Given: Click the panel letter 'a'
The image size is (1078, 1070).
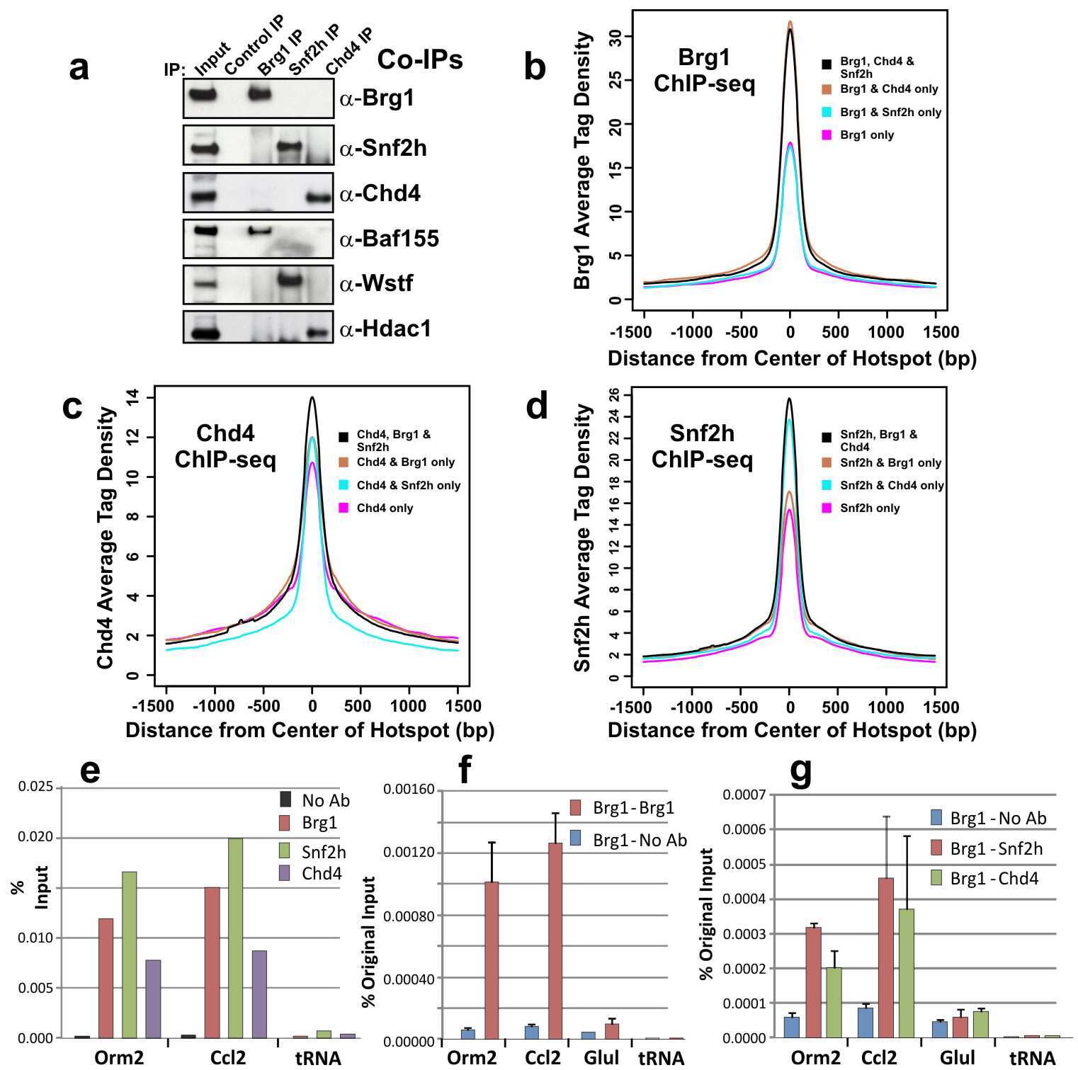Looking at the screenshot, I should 79,69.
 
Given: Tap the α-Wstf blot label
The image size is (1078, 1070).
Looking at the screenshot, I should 376,284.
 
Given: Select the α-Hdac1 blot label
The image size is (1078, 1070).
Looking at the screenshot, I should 385,329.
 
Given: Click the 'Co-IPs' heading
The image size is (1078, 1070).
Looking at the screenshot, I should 419,60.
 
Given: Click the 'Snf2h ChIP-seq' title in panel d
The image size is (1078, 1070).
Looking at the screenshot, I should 702,446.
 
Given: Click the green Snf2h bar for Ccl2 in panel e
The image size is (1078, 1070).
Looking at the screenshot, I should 236,938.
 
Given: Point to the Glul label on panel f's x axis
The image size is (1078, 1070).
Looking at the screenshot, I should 601,1058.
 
